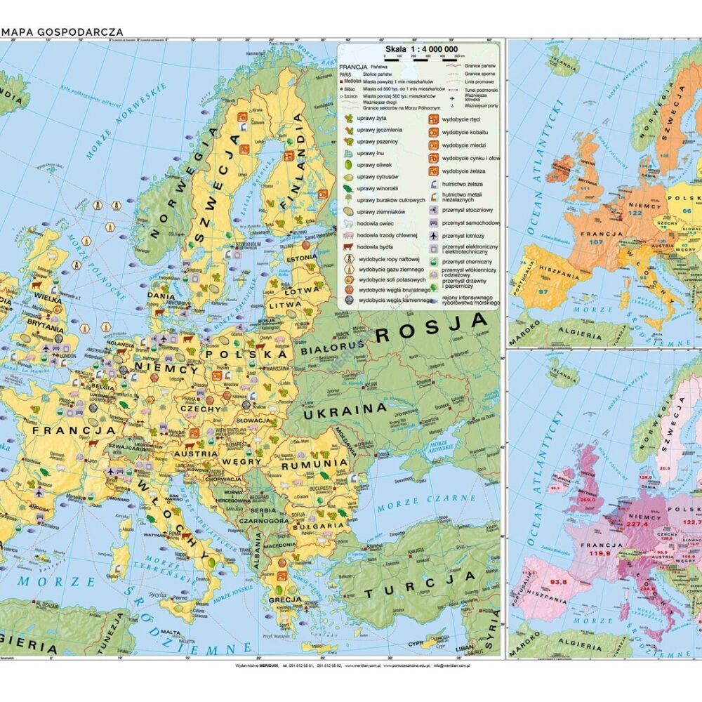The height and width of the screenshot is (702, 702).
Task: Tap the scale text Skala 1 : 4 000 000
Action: (420, 48)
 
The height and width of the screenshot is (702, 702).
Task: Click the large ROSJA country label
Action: (432, 327)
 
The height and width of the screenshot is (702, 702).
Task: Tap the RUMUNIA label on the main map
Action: (314, 463)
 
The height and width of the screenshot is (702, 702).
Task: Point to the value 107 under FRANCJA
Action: (597, 242)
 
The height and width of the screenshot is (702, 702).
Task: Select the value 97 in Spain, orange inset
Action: (543, 291)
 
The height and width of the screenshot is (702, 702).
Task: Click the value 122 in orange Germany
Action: (636, 212)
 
